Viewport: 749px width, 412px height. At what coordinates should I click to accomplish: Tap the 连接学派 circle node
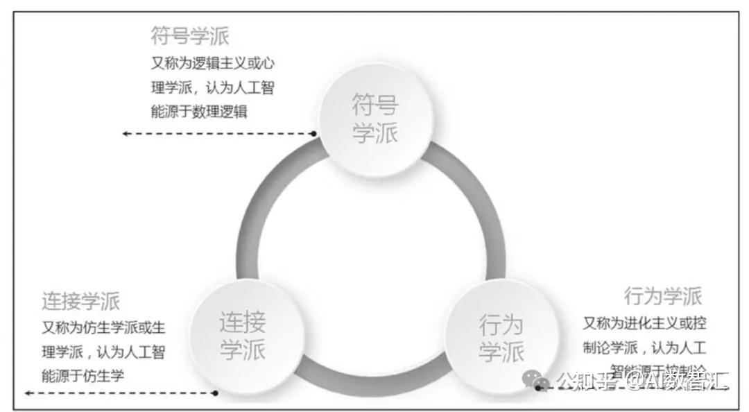[243, 336]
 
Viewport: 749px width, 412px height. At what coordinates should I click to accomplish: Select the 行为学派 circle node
[501, 338]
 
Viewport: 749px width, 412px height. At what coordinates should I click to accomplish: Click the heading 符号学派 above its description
[190, 36]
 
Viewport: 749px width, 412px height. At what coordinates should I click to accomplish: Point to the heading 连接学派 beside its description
[80, 301]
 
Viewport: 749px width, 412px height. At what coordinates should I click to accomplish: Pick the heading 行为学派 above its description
[663, 296]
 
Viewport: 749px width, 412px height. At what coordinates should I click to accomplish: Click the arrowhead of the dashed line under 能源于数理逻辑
[126, 133]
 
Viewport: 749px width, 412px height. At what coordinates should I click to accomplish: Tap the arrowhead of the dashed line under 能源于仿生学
[28, 393]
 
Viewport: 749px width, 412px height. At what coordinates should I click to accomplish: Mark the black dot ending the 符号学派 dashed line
[314, 133]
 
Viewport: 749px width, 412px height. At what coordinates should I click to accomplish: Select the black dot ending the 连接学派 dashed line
[216, 393]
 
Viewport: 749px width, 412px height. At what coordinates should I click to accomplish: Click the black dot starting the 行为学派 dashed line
[538, 388]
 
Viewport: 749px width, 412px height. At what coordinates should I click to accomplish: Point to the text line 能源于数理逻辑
[199, 112]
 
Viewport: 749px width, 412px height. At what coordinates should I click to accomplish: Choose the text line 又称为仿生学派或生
[104, 328]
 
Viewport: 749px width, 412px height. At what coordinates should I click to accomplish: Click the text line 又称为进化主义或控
[644, 323]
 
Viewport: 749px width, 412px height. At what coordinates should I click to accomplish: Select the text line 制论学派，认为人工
[644, 346]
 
